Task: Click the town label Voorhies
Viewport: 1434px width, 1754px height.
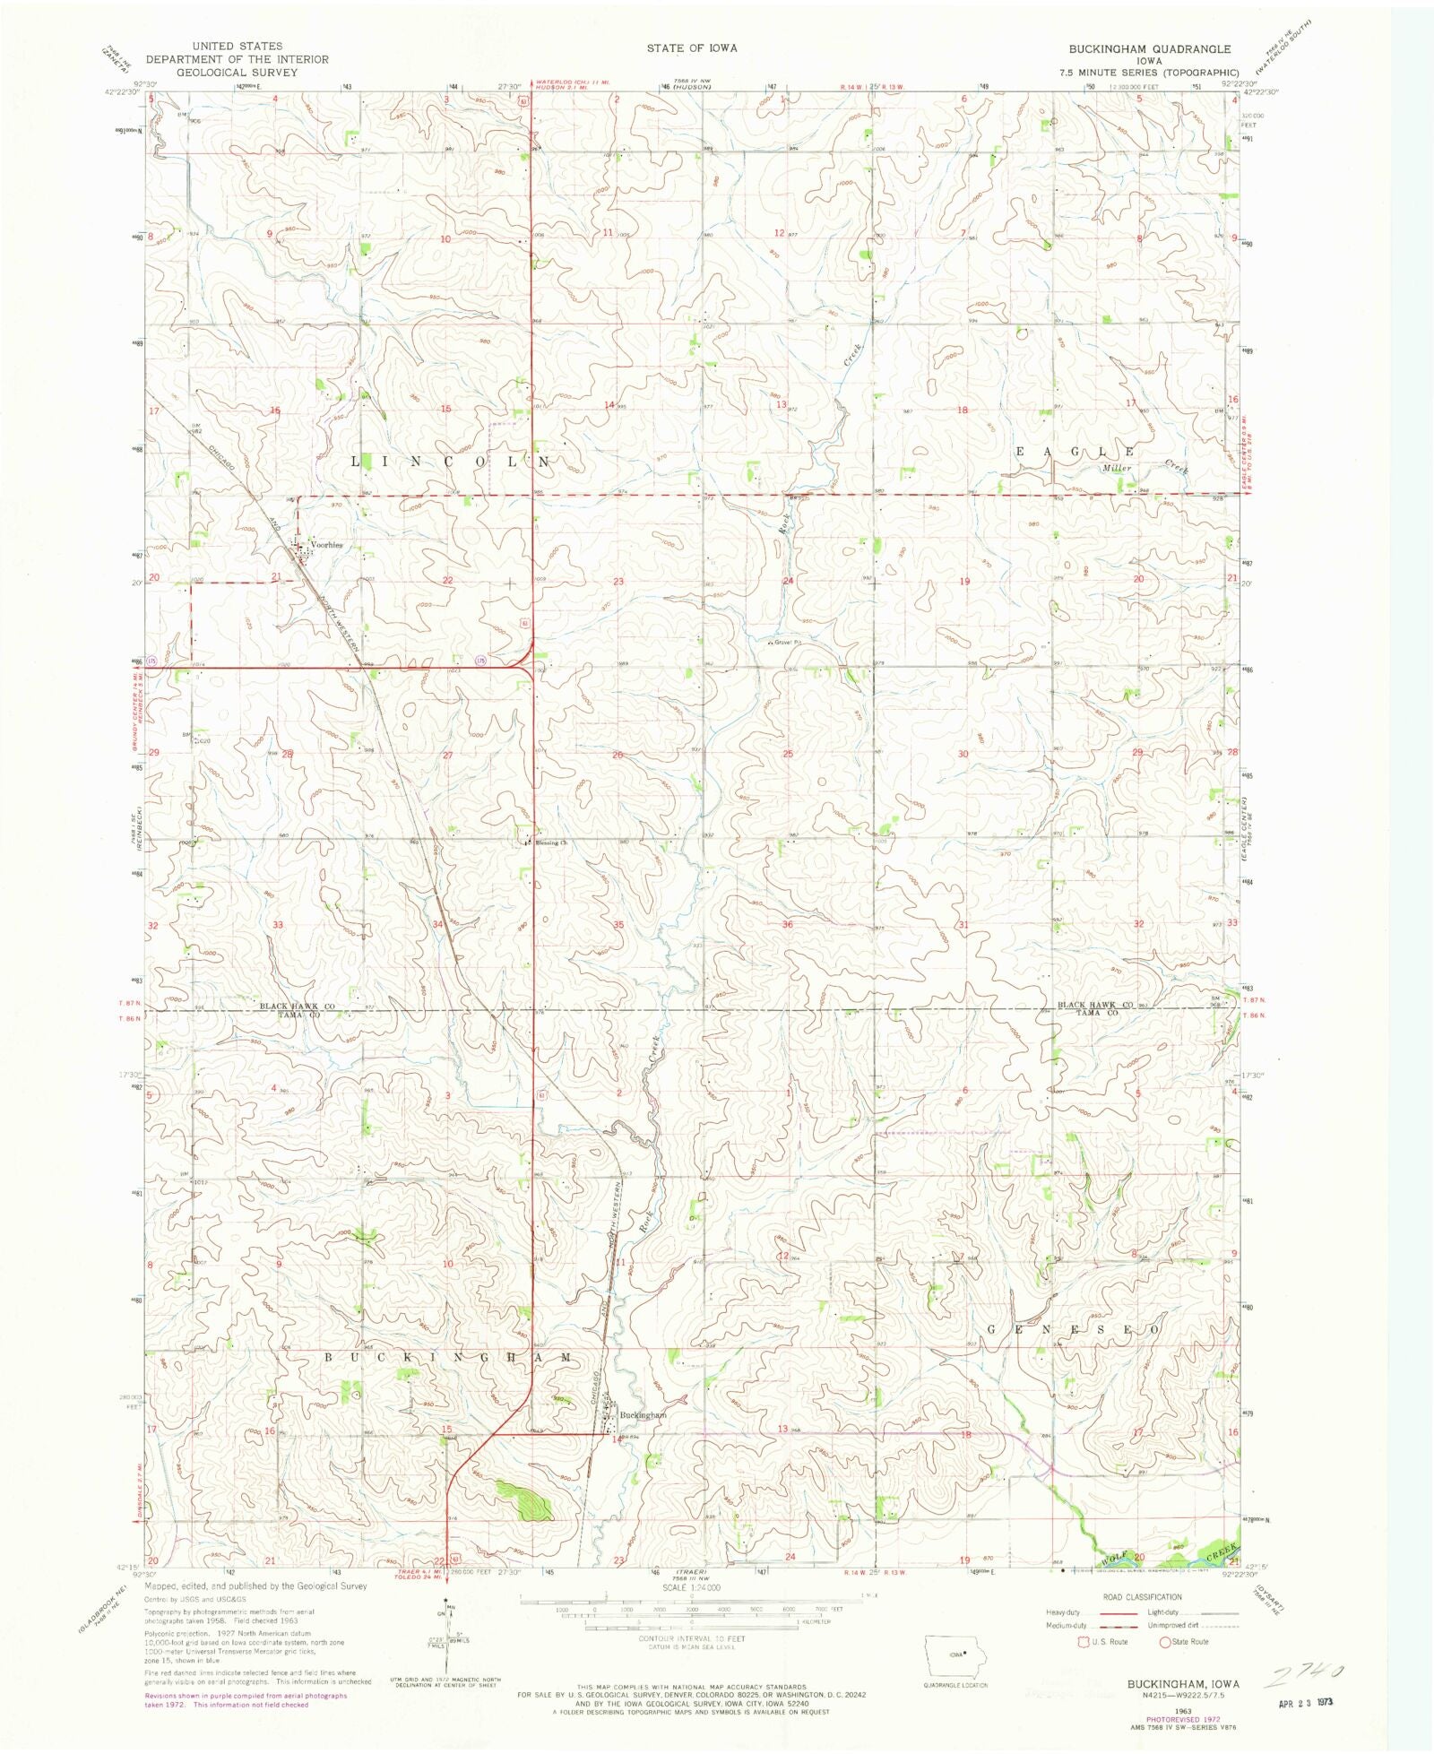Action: (x=326, y=545)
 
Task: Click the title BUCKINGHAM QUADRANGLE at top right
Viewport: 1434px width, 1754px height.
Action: (x=1149, y=49)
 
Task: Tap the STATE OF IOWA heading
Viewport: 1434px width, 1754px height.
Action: (x=692, y=48)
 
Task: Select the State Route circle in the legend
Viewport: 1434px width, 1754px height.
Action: (x=1165, y=1642)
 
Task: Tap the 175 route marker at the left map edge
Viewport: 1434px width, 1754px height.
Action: (x=153, y=661)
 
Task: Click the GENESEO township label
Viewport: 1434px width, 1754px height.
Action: (x=1074, y=1329)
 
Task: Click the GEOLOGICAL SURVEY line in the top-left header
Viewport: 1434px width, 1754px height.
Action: (x=238, y=73)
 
